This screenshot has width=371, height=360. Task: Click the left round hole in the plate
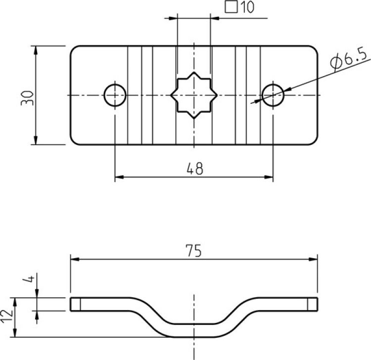[x=115, y=94]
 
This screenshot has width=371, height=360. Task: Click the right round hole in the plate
[x=273, y=94]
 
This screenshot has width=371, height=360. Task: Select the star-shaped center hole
[x=194, y=94]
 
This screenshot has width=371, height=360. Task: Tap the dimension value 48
[x=195, y=169]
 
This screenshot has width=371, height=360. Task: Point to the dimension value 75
[x=194, y=251]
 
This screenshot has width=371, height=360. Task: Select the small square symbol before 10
[x=231, y=8]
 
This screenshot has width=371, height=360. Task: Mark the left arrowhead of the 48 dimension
[x=119, y=177]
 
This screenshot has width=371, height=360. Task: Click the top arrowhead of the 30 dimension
[x=36, y=50]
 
